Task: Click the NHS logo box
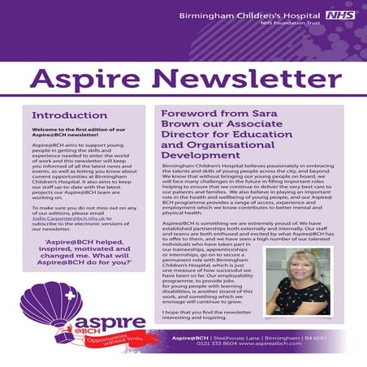click(335, 15)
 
